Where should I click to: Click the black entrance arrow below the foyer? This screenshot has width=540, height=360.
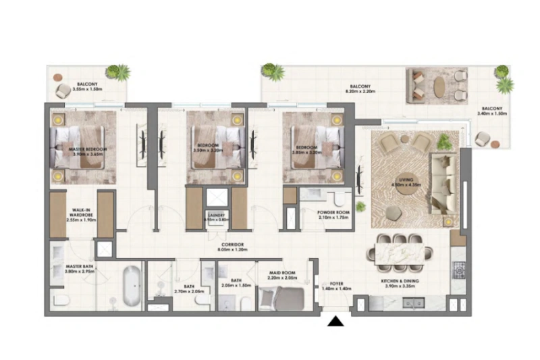[x=335, y=322]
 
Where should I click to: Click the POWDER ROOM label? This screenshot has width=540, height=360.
[x=333, y=214]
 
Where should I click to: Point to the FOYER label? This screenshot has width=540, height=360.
[x=336, y=285]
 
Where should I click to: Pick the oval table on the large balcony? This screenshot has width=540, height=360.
[x=438, y=86]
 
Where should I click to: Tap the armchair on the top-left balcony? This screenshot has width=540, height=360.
[x=63, y=90]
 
